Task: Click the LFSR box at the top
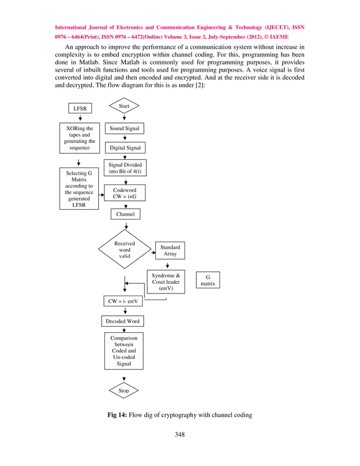click(80, 108)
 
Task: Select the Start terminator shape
click(124, 105)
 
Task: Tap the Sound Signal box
click(124, 129)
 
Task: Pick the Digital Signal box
click(124, 148)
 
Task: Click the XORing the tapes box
click(80, 138)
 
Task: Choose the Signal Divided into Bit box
click(124, 168)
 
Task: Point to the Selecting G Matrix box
click(79, 188)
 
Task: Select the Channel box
click(124, 214)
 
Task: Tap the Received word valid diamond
click(124, 249)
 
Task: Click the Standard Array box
click(170, 250)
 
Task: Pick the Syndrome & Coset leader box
click(166, 282)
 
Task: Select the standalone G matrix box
click(208, 280)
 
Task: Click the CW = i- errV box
click(124, 302)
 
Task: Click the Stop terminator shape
click(124, 390)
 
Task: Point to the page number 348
click(179, 434)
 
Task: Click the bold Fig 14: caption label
click(117, 416)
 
